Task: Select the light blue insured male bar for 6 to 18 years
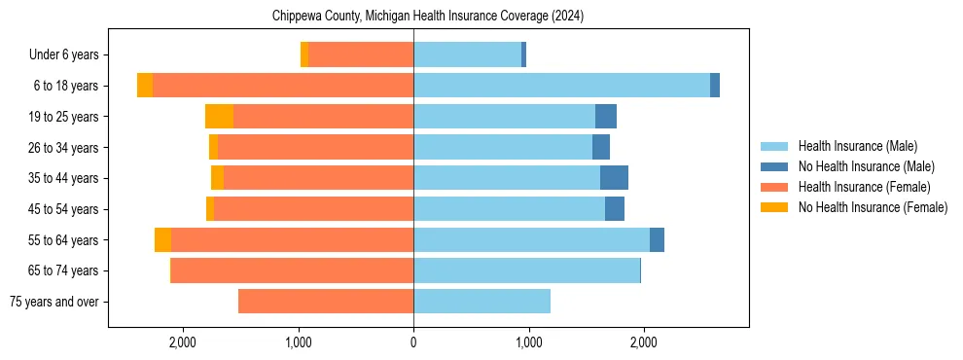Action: click(x=561, y=86)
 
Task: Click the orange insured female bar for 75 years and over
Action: click(x=326, y=302)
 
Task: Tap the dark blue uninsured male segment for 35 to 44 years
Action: click(x=614, y=178)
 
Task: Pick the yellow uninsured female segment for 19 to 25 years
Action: click(x=219, y=117)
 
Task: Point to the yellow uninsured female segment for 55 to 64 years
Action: click(x=162, y=240)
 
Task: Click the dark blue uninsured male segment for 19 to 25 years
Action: click(x=606, y=117)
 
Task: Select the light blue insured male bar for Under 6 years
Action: click(x=467, y=54)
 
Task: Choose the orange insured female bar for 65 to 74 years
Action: click(x=292, y=270)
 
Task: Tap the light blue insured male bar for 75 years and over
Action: click(x=481, y=302)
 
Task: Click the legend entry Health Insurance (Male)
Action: click(x=857, y=146)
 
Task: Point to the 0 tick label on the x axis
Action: click(x=413, y=342)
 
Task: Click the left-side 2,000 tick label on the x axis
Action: click(x=183, y=342)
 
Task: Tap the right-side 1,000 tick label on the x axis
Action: click(x=528, y=342)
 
